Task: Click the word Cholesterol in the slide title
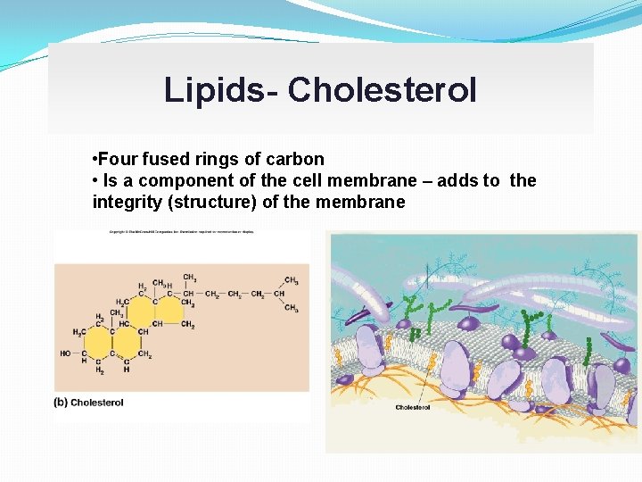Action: (383, 90)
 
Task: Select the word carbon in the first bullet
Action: (295, 160)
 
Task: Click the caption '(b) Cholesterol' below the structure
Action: (89, 403)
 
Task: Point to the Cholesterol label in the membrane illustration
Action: (413, 408)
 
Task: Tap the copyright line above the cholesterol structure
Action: (182, 233)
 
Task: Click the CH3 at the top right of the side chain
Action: (291, 279)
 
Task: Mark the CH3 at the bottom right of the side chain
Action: (291, 308)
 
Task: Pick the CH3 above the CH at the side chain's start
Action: (190, 278)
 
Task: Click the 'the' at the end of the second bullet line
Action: (523, 181)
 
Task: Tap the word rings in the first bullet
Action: (222, 160)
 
